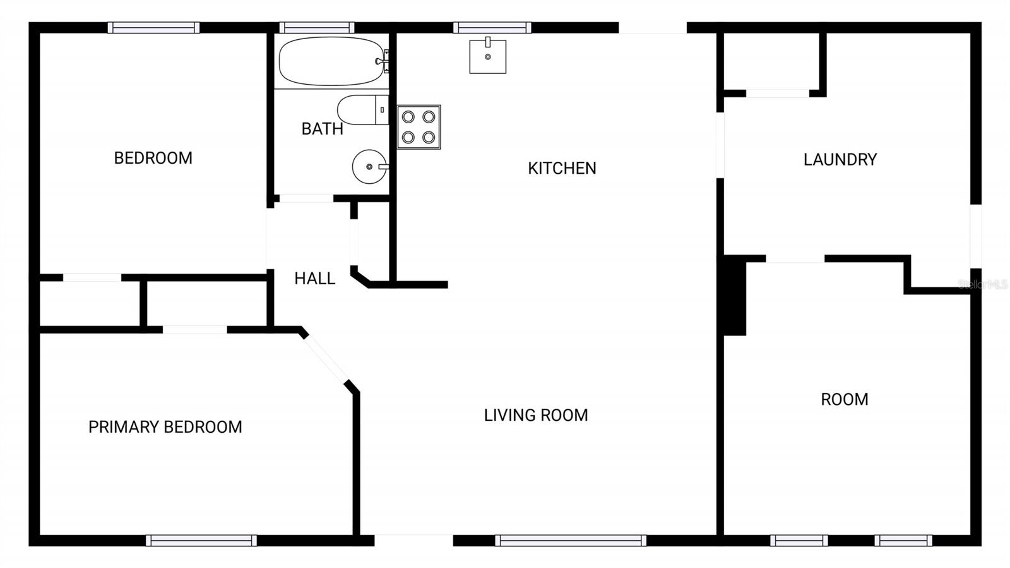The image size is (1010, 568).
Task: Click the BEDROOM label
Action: (153, 158)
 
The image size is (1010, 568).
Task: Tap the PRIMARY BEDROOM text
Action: (165, 427)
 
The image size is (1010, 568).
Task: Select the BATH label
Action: (322, 129)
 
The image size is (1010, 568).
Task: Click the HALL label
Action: (314, 279)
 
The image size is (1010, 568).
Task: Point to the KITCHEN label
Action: (562, 168)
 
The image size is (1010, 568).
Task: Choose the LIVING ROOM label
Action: (536, 415)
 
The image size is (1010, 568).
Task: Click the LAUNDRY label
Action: (840, 159)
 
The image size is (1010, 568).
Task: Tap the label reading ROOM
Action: (844, 399)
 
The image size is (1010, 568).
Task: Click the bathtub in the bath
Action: (331, 61)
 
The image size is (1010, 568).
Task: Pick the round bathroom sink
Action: (369, 167)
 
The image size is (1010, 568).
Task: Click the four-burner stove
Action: (419, 127)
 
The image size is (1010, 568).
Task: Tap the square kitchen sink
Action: (487, 56)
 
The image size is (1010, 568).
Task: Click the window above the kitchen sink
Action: (492, 28)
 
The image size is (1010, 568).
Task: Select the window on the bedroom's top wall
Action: (153, 28)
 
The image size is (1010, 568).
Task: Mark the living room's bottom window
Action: (571, 540)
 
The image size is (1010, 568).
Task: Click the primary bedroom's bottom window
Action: (201, 540)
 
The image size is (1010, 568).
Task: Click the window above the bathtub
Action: (317, 28)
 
